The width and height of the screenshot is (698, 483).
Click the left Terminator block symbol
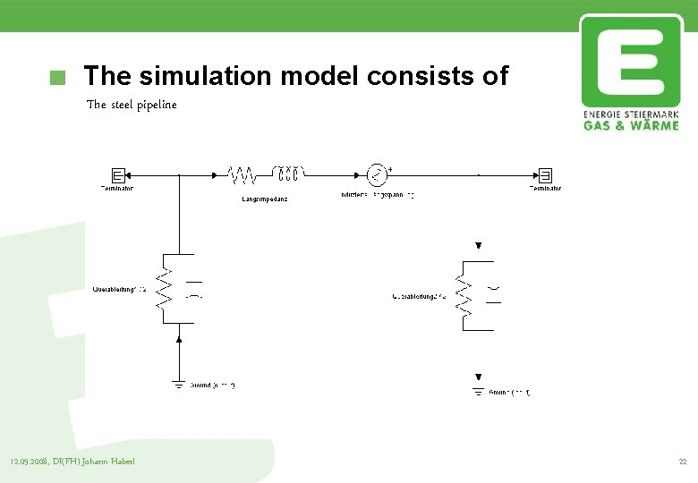(117, 174)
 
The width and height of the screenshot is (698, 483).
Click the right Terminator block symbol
(545, 174)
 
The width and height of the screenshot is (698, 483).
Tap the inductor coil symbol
(289, 173)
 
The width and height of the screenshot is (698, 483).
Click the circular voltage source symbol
(378, 174)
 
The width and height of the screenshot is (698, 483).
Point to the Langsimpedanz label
(264, 199)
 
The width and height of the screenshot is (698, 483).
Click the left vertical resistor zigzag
(164, 284)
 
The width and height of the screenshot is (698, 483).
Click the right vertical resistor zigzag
(463, 296)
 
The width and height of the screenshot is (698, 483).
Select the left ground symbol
(179, 385)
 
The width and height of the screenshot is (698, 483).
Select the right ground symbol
(478, 392)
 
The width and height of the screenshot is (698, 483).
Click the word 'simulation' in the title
(220, 76)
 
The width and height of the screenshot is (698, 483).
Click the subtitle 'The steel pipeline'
(132, 105)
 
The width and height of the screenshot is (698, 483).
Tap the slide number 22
(682, 462)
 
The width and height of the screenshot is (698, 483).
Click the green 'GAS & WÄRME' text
(631, 125)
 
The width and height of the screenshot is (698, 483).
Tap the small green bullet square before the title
(58, 78)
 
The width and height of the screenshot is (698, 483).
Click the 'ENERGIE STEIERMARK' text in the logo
(631, 114)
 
